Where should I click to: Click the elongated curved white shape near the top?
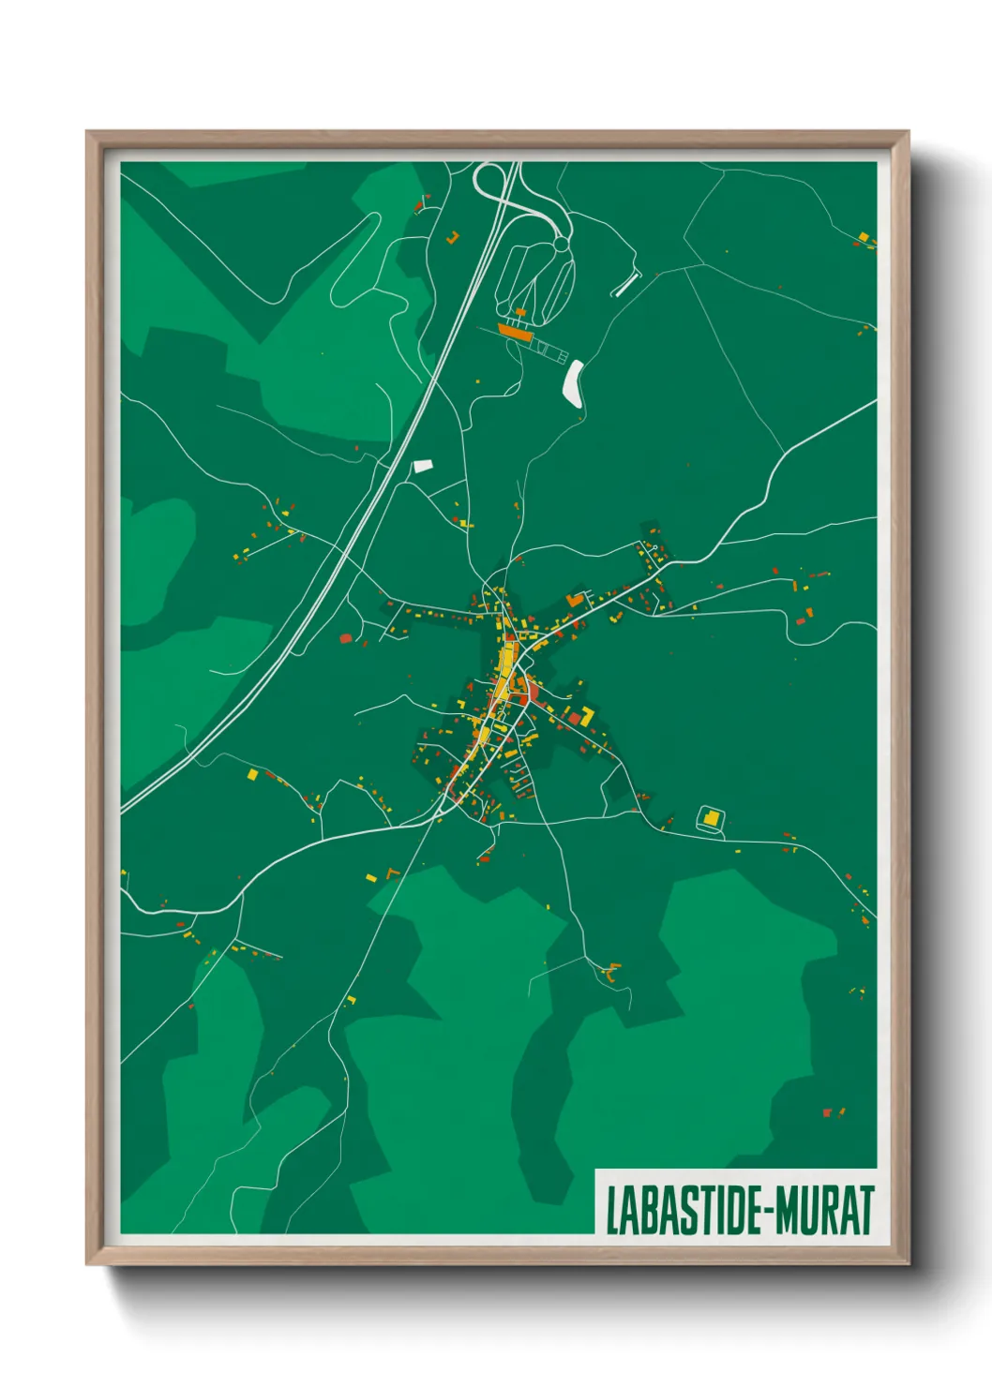tap(573, 383)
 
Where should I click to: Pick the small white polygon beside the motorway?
tap(423, 465)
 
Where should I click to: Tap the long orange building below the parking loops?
tap(514, 331)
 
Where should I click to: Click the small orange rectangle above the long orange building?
tap(520, 312)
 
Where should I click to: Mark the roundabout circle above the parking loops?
tap(561, 245)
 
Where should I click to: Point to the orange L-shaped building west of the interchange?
tap(452, 238)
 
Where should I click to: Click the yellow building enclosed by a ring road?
tap(712, 819)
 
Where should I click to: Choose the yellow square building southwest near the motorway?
tap(251, 775)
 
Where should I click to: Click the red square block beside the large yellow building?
tap(574, 719)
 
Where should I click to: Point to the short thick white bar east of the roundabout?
tap(625, 285)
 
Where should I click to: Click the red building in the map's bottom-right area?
tap(827, 1112)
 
